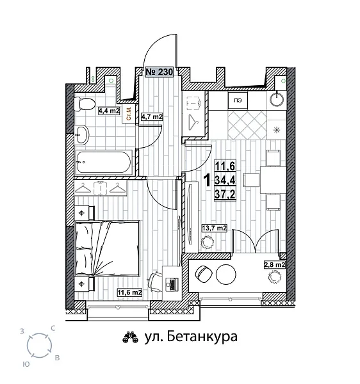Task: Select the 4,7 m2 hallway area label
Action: point(152,117)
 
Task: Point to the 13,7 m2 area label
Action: point(215,227)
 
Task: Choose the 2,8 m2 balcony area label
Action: point(275,264)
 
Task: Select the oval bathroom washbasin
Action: point(82,135)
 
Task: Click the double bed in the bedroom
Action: point(108,246)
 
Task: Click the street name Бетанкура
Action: point(191,336)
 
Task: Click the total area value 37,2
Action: point(225,193)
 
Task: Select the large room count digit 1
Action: point(206,181)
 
